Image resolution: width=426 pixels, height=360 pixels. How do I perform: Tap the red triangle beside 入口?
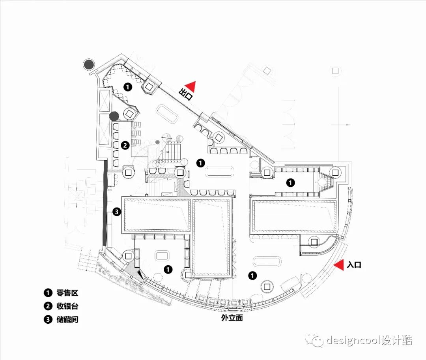point(338,265)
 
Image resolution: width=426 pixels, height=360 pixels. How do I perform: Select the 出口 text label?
point(185,94)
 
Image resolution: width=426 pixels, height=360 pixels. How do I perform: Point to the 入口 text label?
point(354,265)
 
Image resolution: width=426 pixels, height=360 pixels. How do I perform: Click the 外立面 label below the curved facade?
point(232,317)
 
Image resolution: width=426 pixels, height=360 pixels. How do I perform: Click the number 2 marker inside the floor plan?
point(125,145)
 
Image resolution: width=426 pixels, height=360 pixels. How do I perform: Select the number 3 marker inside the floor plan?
point(116,212)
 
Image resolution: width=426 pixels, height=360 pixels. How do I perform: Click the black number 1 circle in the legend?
point(48,292)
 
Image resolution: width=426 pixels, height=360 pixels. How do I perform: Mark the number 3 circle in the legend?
point(48,319)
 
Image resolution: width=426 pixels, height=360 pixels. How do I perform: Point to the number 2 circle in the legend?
point(48,306)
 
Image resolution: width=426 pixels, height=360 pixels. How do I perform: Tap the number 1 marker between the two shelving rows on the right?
point(290,182)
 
